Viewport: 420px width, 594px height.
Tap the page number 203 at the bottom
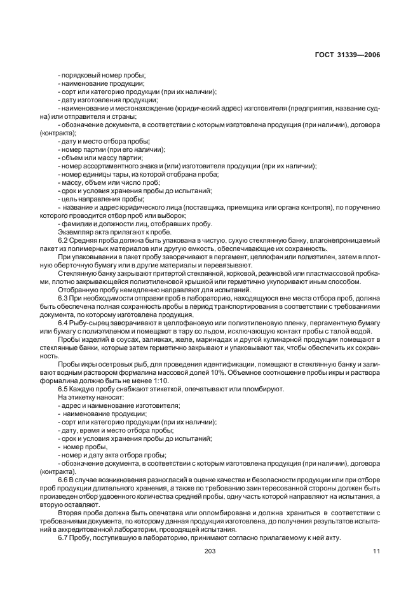(210, 551)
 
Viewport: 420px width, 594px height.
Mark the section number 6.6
(62, 479)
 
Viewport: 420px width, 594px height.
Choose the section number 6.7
(62, 537)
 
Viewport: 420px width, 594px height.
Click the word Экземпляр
(74, 231)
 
